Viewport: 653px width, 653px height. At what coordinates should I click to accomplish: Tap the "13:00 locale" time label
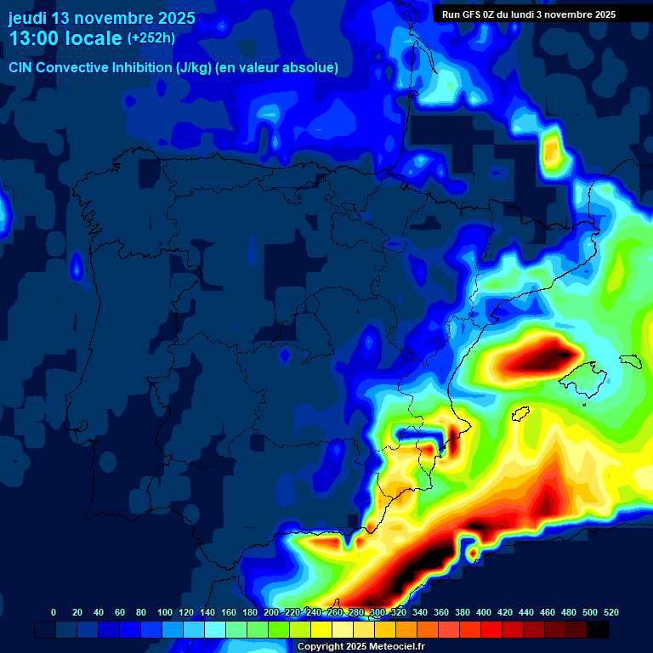(65, 38)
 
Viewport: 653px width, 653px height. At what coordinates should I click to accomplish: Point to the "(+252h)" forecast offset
(151, 38)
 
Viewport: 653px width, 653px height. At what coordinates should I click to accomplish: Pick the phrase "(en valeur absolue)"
(277, 67)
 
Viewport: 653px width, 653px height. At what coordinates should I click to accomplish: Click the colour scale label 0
(54, 612)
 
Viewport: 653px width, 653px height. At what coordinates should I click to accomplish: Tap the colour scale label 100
(162, 612)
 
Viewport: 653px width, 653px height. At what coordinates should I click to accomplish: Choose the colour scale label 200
(271, 612)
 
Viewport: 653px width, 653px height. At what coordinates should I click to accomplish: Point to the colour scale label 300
(378, 612)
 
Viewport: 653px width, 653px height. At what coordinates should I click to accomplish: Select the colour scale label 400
(484, 612)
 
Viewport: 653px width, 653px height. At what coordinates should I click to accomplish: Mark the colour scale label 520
(610, 612)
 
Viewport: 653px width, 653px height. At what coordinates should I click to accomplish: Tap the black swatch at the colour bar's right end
(598, 629)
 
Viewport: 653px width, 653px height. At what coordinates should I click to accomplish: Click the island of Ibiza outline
(521, 414)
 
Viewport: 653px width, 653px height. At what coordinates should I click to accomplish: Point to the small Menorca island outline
(631, 360)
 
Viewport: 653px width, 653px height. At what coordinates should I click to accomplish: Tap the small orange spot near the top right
(552, 152)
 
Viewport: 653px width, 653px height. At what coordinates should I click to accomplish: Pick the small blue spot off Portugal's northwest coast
(77, 268)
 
